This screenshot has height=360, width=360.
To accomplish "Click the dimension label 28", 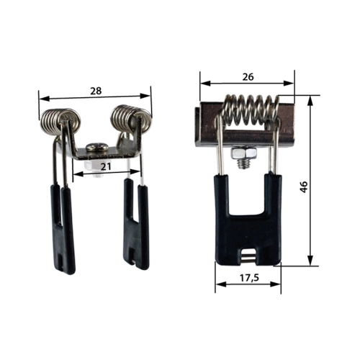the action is coord(96,91).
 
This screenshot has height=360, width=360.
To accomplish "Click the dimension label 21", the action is coord(106,166).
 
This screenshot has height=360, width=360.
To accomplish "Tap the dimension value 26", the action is coord(248,77).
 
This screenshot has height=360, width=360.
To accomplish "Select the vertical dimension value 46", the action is coord(304,187).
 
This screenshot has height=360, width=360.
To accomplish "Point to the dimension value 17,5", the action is coord(249,278).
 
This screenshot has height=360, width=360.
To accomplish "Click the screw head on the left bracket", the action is coord(97,147).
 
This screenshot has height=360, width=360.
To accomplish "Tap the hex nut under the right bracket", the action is coord(243,152).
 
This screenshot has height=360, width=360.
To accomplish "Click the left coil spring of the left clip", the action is coord(60,120).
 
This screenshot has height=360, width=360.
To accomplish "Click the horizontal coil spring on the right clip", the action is coord(251,110).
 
